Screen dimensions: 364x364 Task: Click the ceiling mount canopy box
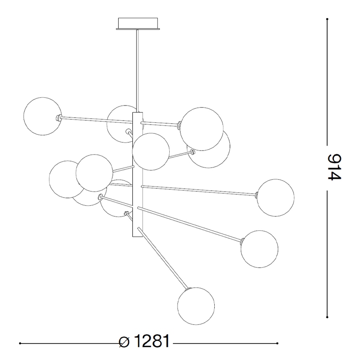[x=138, y=24]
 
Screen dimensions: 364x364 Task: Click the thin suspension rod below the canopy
[x=138, y=71]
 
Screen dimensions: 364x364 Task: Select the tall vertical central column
[x=137, y=175]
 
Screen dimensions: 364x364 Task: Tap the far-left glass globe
[x=43, y=116]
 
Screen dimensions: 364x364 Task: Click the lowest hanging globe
[x=196, y=306]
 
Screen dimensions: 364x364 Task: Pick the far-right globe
[x=276, y=197]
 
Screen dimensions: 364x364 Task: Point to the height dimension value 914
[x=334, y=167]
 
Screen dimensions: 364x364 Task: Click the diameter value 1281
[x=152, y=341]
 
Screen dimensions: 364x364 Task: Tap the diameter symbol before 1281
[x=124, y=342]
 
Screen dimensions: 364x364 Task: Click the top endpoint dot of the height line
[x=327, y=19]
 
